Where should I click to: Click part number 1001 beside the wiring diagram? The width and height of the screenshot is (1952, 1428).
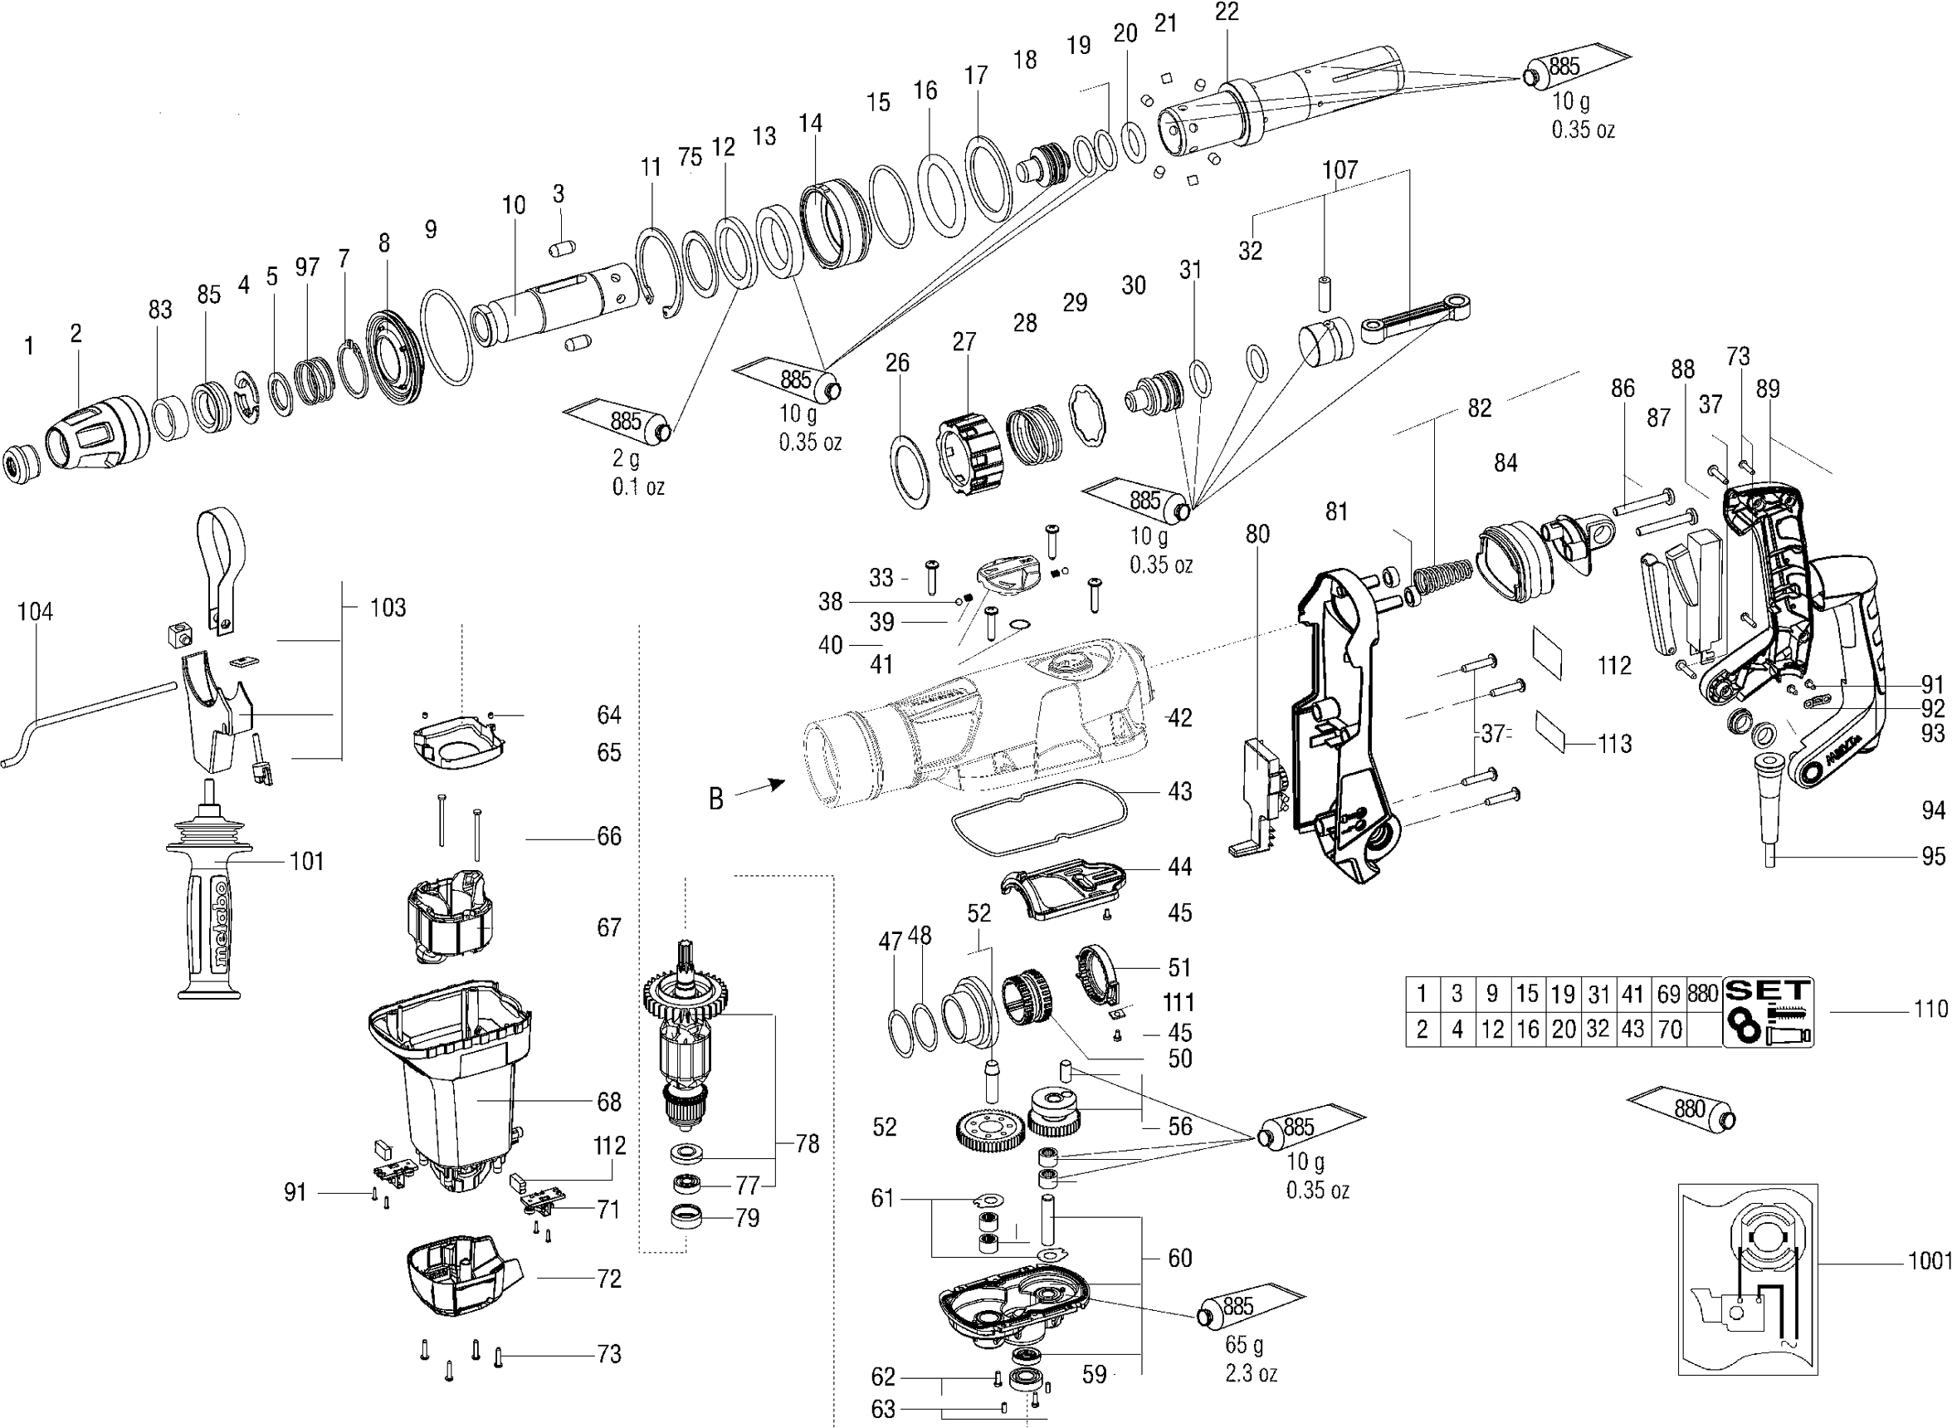point(1929,1261)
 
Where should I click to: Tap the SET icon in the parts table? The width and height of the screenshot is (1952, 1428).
point(1768,1011)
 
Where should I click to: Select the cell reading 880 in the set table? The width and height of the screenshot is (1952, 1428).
point(1702,994)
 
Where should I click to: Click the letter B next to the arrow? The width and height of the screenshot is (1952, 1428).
point(715,799)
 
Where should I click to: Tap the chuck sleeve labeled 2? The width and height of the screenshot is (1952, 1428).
point(95,433)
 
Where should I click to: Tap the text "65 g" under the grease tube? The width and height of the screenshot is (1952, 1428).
point(1243,1345)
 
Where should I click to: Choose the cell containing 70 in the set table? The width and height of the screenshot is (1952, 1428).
point(1670,1029)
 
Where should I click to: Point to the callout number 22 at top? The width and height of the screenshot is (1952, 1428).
point(1226,12)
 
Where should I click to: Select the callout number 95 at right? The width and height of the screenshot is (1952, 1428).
point(1933,857)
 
